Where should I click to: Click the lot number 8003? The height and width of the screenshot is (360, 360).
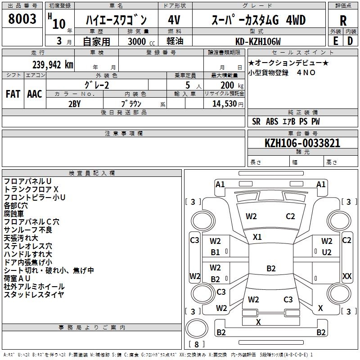22,20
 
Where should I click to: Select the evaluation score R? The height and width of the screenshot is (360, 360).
343,20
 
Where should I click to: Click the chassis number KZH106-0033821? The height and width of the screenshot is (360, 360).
302,143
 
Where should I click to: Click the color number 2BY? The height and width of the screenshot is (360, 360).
75,103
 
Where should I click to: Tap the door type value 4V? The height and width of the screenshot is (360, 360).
175,20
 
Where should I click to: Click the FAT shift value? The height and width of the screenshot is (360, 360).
13,94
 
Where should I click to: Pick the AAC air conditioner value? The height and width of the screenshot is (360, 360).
35,94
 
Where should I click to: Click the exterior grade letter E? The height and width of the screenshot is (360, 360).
335,40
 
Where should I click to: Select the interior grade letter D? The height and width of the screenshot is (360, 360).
350,40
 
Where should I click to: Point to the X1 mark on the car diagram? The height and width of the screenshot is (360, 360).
257,237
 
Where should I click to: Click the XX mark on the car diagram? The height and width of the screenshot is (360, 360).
347,276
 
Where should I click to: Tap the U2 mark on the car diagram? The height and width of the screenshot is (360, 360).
327,252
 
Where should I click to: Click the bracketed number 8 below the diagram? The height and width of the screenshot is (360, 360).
196,345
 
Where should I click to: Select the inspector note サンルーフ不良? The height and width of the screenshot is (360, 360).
28,230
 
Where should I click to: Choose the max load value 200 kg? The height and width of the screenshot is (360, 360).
228,85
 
